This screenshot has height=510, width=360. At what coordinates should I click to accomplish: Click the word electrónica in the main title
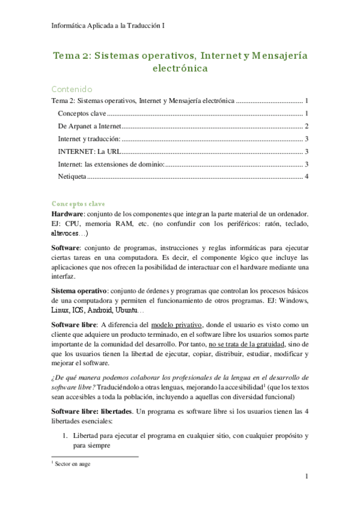[x=180, y=68]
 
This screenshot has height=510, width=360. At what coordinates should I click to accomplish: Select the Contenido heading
[x=72, y=89]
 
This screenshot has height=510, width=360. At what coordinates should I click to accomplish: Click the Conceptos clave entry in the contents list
[x=81, y=113]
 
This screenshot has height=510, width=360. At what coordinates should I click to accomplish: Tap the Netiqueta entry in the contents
[x=72, y=176]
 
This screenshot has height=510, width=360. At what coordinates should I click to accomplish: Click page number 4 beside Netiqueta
[x=307, y=176]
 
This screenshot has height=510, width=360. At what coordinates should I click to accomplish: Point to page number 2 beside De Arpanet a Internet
[x=307, y=126]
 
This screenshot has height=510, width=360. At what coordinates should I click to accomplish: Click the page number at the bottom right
[x=307, y=477]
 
